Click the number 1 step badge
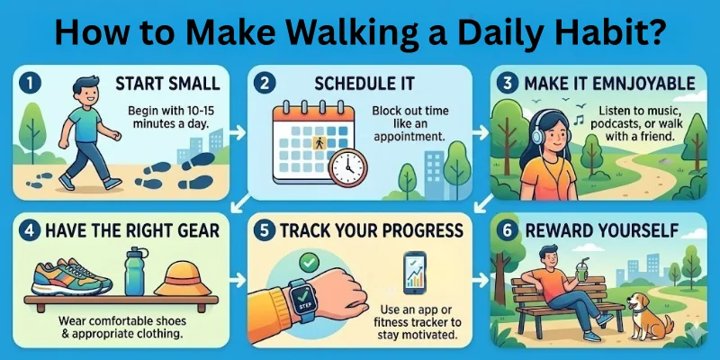[x=31, y=84]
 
